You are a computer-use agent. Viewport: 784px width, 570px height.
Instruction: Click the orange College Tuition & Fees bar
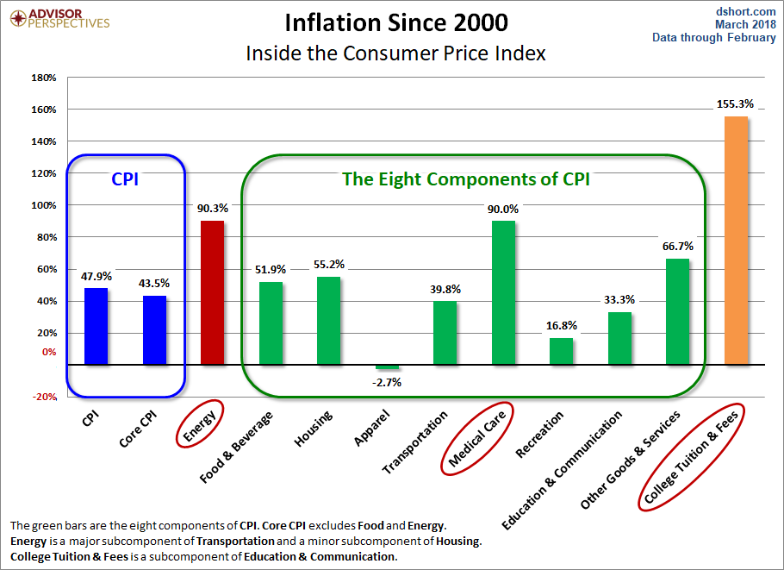click(x=736, y=240)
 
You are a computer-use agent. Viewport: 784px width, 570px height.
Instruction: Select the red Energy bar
click(x=212, y=292)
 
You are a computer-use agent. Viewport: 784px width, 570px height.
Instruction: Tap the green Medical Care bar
click(x=503, y=292)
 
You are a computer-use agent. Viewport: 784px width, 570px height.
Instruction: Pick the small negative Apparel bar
click(x=387, y=367)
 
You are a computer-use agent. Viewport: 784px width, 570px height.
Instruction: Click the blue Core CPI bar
click(x=154, y=329)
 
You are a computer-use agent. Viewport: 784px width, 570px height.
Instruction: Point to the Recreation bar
click(x=561, y=351)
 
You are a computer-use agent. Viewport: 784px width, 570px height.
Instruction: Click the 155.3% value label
click(x=735, y=104)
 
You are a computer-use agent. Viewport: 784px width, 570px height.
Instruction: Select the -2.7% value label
click(x=387, y=382)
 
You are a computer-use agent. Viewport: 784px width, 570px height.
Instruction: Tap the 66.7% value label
click(x=676, y=247)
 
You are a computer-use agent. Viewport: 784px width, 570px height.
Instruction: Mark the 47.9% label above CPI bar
click(x=96, y=276)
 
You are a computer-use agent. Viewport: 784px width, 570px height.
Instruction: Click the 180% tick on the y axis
click(x=43, y=78)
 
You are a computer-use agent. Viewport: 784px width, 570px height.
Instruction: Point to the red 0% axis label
click(x=48, y=352)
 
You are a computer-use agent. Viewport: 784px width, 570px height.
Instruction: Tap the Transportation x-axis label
click(x=417, y=442)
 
